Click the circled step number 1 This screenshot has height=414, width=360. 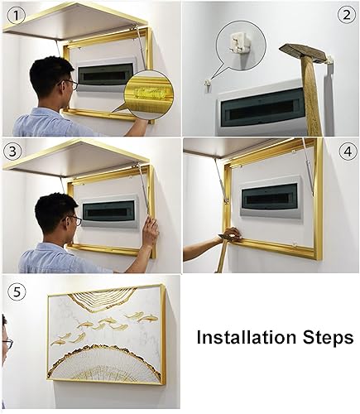coord(17,15)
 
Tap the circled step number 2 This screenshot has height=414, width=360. coord(347,15)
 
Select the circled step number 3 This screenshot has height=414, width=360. coord(12,151)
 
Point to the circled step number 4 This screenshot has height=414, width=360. coord(348,152)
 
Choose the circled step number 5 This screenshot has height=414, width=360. coord(17,291)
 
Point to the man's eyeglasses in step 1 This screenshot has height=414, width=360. coord(71,84)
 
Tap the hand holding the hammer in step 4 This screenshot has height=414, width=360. coord(231,234)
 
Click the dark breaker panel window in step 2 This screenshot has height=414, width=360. coord(262,108)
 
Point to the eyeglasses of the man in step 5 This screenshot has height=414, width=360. coord(7,344)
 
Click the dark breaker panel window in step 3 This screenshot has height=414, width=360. coord(108,212)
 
